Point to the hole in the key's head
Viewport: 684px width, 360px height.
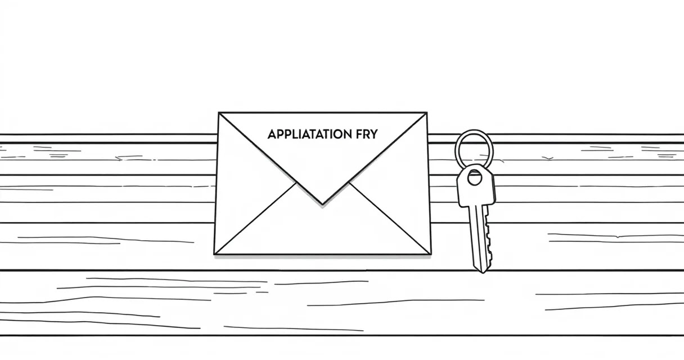(x=474, y=178)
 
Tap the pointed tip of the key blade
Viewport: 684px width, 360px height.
(x=483, y=272)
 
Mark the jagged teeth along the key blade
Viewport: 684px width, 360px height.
(x=489, y=238)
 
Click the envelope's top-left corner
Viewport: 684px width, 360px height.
(x=219, y=112)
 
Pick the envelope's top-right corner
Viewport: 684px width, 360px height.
(x=426, y=112)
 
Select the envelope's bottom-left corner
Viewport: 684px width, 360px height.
(x=214, y=254)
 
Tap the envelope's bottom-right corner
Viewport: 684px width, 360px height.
(x=431, y=254)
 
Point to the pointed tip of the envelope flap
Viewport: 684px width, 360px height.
(x=322, y=204)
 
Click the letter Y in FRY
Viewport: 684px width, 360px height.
(x=374, y=134)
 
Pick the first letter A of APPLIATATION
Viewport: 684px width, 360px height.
(x=272, y=134)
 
